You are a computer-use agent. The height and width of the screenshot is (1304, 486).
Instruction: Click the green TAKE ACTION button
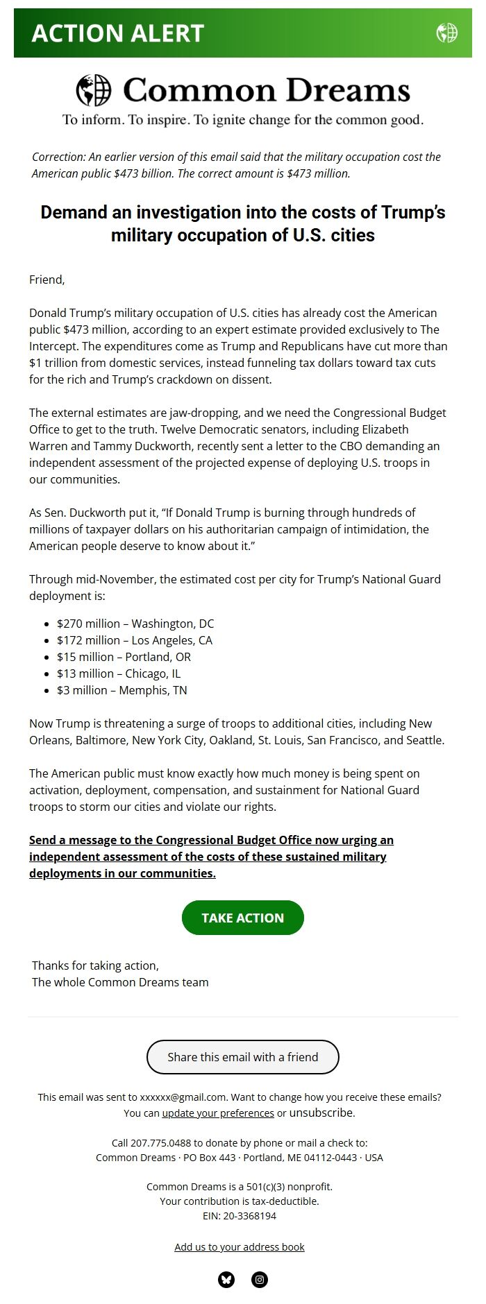242,918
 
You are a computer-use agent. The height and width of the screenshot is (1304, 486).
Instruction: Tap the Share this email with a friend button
242,1057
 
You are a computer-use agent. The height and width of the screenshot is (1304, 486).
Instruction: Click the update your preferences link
218,1113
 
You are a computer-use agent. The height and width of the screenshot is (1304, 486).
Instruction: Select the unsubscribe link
321,1113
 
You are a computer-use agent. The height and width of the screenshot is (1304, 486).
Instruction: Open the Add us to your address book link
240,1246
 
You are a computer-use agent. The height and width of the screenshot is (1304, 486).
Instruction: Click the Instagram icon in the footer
260,1280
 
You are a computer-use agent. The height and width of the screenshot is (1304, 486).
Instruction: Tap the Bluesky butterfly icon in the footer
226,1280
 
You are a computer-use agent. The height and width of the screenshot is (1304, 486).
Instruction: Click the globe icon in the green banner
446,33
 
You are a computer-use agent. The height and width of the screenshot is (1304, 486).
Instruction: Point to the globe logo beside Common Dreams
94,90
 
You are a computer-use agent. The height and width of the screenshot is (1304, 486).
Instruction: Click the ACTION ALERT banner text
118,33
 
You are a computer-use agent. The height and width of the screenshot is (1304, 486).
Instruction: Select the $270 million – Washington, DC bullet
135,624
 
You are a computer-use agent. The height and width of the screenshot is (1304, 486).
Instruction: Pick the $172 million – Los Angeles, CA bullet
135,640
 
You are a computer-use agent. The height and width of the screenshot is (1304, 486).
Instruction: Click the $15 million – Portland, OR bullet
124,657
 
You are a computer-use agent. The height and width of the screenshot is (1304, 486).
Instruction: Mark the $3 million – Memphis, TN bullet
122,690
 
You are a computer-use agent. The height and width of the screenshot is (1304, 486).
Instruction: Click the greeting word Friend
46,280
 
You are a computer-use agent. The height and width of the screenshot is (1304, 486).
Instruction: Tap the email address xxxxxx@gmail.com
183,1097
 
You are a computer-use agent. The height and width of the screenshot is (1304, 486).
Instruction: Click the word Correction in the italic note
58,157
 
